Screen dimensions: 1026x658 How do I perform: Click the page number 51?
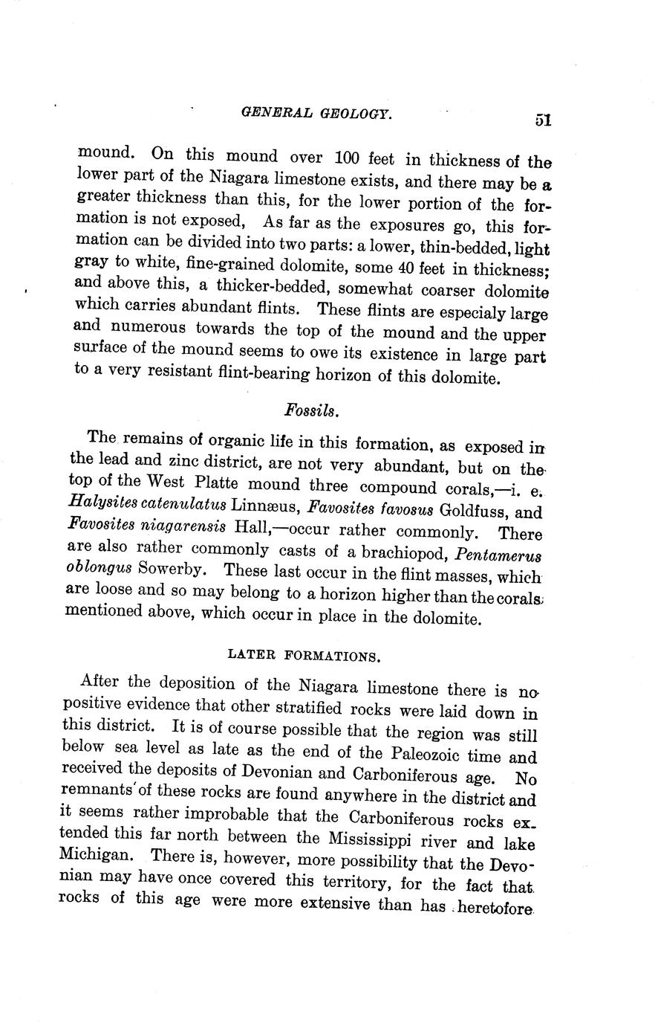(x=541, y=120)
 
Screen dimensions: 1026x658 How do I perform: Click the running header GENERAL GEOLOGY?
(x=316, y=113)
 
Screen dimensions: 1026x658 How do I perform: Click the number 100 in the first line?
(x=348, y=157)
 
